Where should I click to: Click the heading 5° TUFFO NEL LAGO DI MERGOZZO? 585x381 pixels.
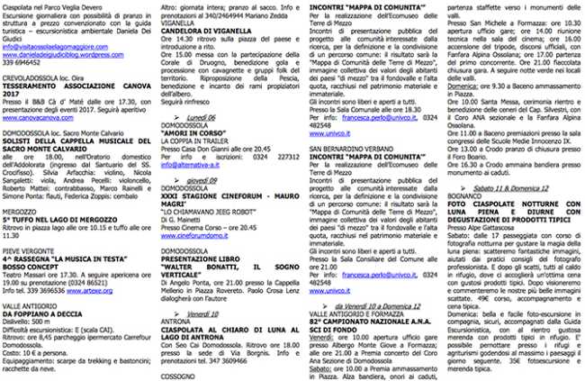pyautogui.click(x=67, y=219)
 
